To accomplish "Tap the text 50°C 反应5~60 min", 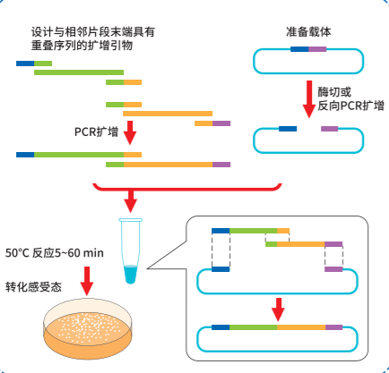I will pyautogui.click(x=55, y=252).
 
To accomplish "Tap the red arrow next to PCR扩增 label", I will pyautogui.click(x=132, y=132).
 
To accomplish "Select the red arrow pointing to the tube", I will pyautogui.click(x=132, y=199).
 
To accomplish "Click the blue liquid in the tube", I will pyautogui.click(x=132, y=272).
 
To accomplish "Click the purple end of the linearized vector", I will pyautogui.click(x=330, y=129).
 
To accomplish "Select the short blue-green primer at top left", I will pyautogui.click(x=34, y=63).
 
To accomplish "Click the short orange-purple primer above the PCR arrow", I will pyautogui.click(x=212, y=123).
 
